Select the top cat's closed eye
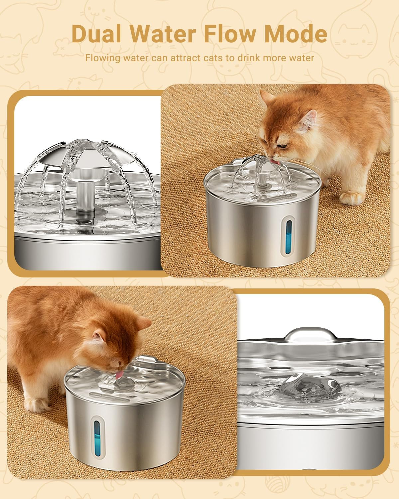point(284,146)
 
